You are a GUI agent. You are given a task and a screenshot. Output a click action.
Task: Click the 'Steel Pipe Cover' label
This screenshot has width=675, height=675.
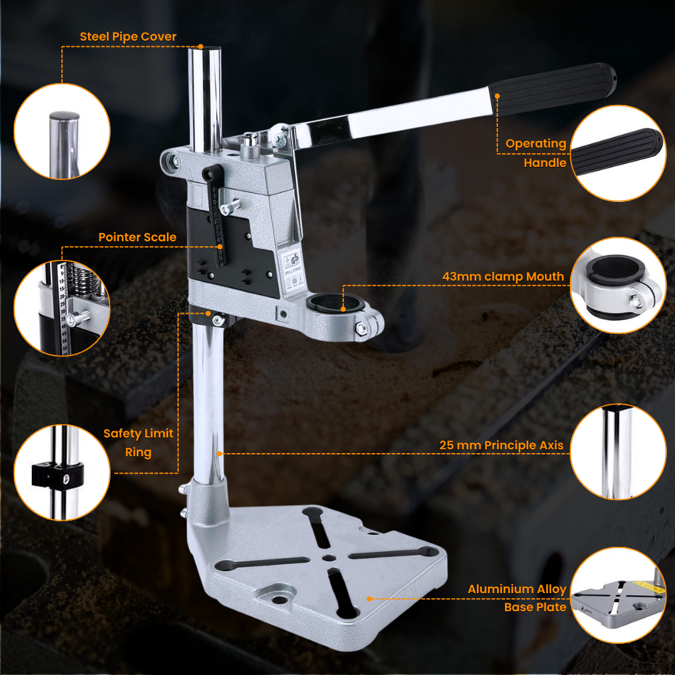point(128,37)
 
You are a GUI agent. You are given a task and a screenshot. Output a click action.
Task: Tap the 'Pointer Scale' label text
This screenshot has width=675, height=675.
point(137,237)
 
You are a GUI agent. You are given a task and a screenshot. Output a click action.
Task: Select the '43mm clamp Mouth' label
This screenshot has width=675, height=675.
point(502,277)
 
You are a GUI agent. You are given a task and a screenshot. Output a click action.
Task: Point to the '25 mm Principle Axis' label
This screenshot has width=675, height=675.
point(501,445)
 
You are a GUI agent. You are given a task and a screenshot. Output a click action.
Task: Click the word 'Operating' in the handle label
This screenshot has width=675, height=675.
point(536,144)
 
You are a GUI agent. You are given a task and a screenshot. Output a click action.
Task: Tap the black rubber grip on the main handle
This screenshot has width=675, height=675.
point(552,88)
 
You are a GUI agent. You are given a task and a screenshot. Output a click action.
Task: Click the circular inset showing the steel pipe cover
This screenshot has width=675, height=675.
point(62,131)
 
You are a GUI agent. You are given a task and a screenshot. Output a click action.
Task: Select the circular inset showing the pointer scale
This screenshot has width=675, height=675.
point(62,308)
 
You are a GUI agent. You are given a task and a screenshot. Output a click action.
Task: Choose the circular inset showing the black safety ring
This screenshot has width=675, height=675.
point(62,472)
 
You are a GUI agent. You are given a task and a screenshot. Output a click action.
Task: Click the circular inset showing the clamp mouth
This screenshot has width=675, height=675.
point(618,285)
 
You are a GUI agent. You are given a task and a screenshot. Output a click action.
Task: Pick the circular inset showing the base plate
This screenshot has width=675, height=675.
point(618,595)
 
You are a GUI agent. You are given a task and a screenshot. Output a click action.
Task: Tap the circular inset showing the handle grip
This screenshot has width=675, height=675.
point(618,153)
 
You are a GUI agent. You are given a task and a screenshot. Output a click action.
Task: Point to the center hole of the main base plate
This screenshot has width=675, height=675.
point(329,558)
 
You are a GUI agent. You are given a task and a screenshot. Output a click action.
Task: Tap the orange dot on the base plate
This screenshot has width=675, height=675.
point(369,599)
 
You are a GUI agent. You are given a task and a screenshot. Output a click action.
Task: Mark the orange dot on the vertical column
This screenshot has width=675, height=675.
point(219,454)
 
